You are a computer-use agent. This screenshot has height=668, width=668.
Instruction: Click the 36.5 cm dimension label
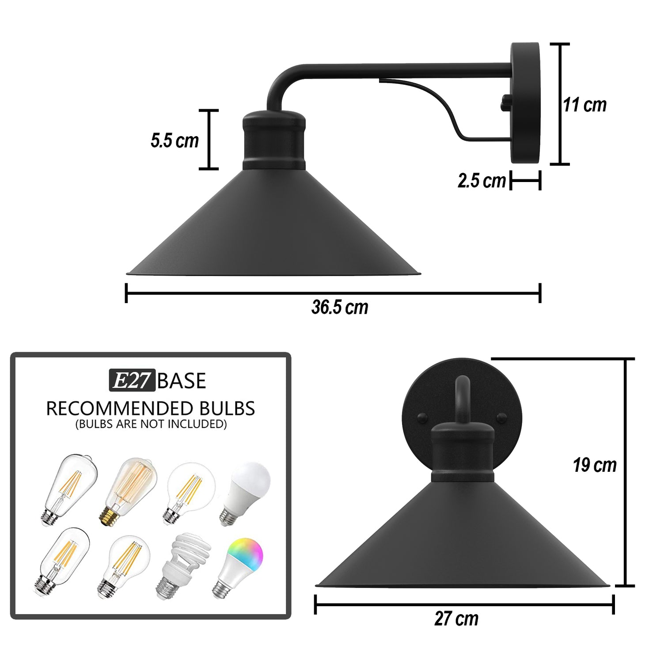click(x=339, y=307)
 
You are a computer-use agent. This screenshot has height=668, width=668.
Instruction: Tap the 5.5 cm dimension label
click(x=175, y=140)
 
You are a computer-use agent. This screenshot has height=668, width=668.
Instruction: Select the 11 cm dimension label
click(x=584, y=105)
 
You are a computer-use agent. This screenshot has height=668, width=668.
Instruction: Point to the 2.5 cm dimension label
click(x=481, y=181)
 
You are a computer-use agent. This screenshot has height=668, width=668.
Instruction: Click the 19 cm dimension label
click(x=595, y=465)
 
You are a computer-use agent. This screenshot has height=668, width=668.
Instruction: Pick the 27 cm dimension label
click(x=456, y=619)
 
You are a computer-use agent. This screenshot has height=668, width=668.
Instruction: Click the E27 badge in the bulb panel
click(x=132, y=380)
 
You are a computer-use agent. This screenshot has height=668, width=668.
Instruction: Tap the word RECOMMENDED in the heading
click(x=120, y=409)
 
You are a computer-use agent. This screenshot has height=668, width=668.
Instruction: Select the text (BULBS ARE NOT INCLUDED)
click(x=151, y=424)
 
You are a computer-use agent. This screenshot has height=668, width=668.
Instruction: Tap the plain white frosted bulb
click(x=245, y=492)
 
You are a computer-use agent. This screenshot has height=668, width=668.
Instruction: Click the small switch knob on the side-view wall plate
click(x=505, y=102)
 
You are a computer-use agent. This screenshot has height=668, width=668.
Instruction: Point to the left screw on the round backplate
click(x=423, y=417)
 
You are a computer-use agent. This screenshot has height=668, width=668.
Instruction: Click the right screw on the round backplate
click(x=501, y=417)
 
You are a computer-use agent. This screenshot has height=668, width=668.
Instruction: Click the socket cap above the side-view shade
click(x=274, y=140)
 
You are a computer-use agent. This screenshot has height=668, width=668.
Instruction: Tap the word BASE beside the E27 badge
click(x=182, y=381)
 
